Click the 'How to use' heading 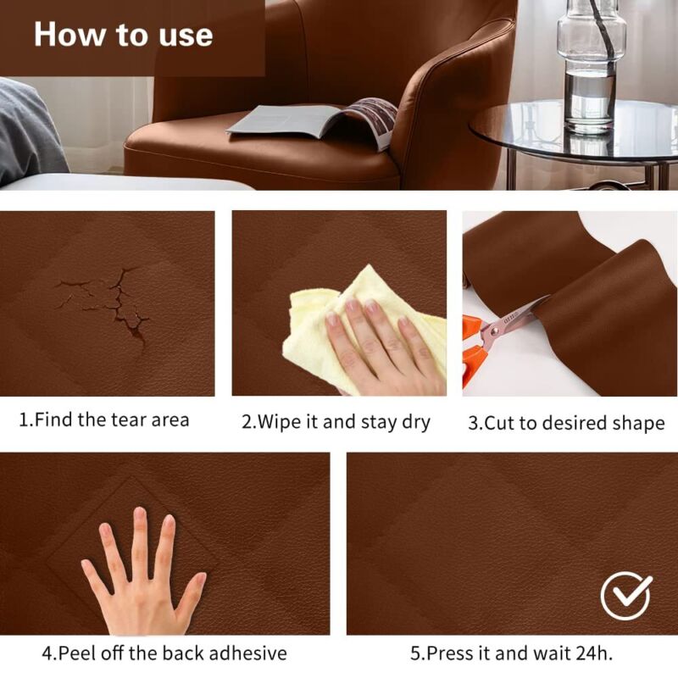click(123, 35)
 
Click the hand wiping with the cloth click(381, 343)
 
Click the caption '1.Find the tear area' click(104, 420)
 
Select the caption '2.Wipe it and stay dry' click(336, 421)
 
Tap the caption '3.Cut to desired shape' click(566, 423)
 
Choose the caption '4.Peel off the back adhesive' click(164, 653)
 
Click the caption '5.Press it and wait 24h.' click(512, 653)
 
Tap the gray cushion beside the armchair click(30, 131)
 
